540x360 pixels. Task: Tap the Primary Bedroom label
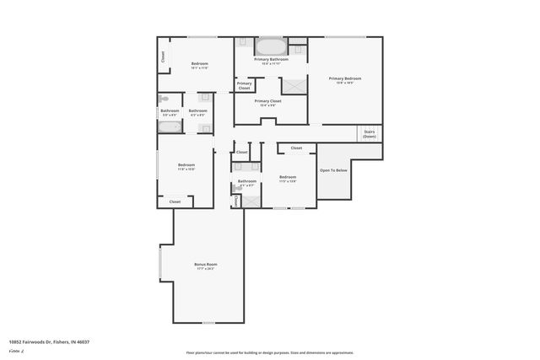(x=344, y=78)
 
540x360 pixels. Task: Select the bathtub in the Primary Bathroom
(x=271, y=46)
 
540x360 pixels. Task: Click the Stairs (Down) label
(x=369, y=134)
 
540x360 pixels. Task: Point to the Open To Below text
(x=332, y=170)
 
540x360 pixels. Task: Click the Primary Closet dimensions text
(x=267, y=105)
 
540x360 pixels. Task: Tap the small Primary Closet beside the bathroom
(x=244, y=85)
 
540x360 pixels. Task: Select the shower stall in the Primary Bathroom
(x=294, y=85)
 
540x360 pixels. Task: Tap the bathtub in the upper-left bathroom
(x=170, y=128)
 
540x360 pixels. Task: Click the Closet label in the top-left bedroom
(x=162, y=57)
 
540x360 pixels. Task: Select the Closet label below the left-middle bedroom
(x=175, y=201)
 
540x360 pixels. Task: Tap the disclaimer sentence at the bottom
(x=269, y=352)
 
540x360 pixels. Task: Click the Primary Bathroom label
(x=271, y=59)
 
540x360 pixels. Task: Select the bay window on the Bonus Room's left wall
(x=160, y=264)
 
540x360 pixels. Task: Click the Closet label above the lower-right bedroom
(x=296, y=148)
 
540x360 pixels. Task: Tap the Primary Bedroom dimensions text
(x=344, y=83)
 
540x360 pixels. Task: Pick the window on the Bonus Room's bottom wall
(x=208, y=322)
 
